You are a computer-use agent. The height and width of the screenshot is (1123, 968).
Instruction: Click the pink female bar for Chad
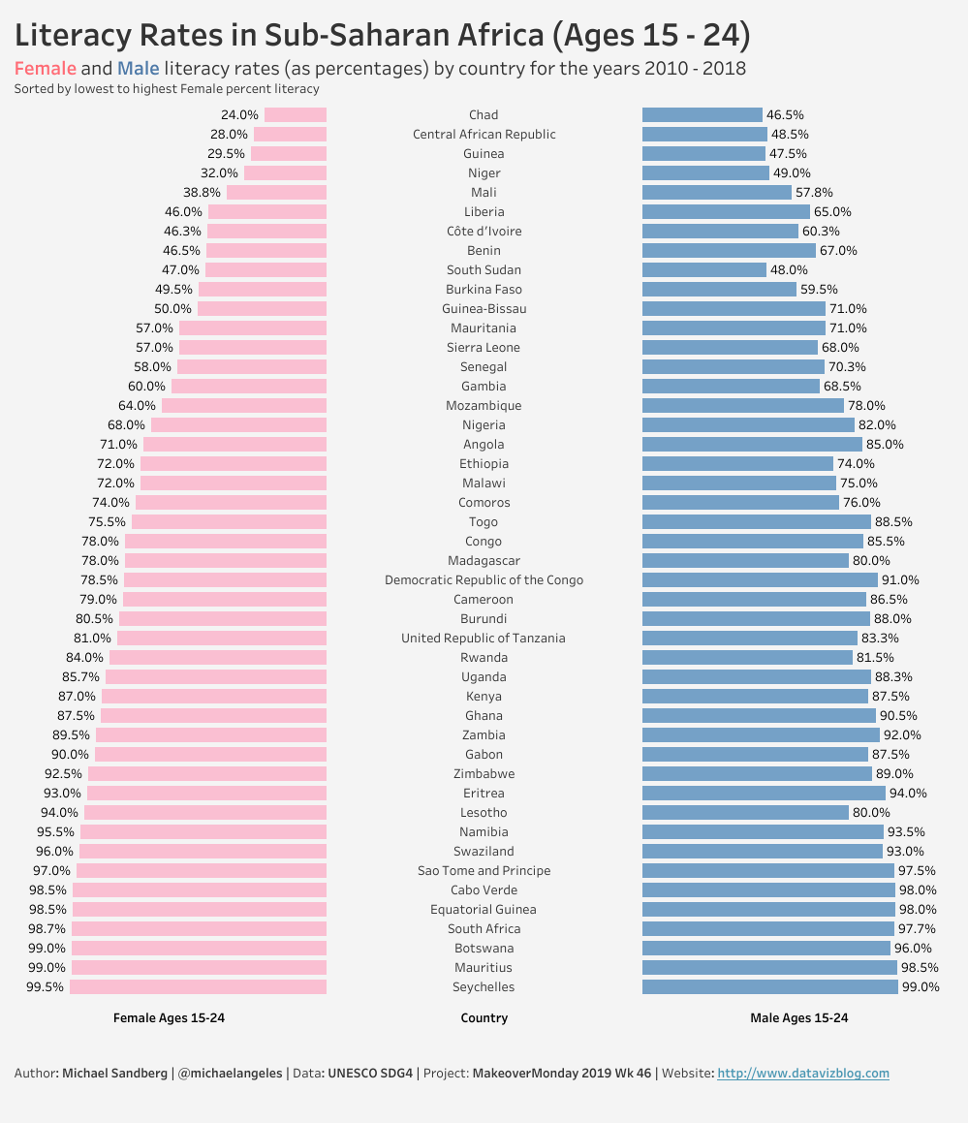pos(296,115)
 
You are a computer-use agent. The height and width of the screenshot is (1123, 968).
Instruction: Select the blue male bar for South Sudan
pos(703,270)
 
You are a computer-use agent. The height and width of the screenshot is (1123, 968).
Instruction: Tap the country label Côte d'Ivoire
pos(484,232)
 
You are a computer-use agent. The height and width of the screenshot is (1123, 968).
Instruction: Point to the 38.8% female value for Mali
pos(202,193)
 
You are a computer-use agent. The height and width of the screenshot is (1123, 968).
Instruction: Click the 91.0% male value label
pos(900,580)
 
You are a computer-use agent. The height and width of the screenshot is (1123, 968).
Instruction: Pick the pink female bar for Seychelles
pos(198,987)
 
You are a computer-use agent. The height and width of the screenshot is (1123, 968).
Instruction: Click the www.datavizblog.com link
pos(803,1074)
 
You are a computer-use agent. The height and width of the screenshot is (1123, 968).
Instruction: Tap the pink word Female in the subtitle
pos(45,69)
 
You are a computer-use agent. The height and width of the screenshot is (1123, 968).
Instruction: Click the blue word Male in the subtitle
pos(138,69)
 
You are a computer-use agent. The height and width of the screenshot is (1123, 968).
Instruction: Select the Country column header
pos(484,1018)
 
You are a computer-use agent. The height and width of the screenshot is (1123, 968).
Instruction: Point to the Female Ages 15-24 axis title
pos(170,1018)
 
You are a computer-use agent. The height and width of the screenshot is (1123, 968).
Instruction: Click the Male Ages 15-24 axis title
pos(799,1018)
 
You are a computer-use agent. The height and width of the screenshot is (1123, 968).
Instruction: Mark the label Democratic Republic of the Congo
pos(484,580)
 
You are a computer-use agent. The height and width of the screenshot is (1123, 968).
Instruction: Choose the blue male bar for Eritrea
pos(764,794)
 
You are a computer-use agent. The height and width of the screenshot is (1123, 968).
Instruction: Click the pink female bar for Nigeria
pos(238,425)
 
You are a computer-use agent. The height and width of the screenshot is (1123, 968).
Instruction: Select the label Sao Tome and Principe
pos(484,871)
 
